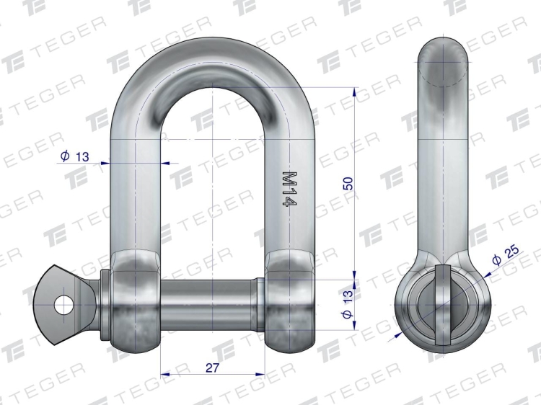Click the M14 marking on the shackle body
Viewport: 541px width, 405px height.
click(289, 189)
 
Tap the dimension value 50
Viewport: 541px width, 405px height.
click(348, 183)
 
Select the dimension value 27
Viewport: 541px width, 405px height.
click(212, 368)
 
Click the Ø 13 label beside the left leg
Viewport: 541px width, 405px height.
click(74, 156)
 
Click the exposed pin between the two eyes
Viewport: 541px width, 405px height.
click(209, 305)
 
